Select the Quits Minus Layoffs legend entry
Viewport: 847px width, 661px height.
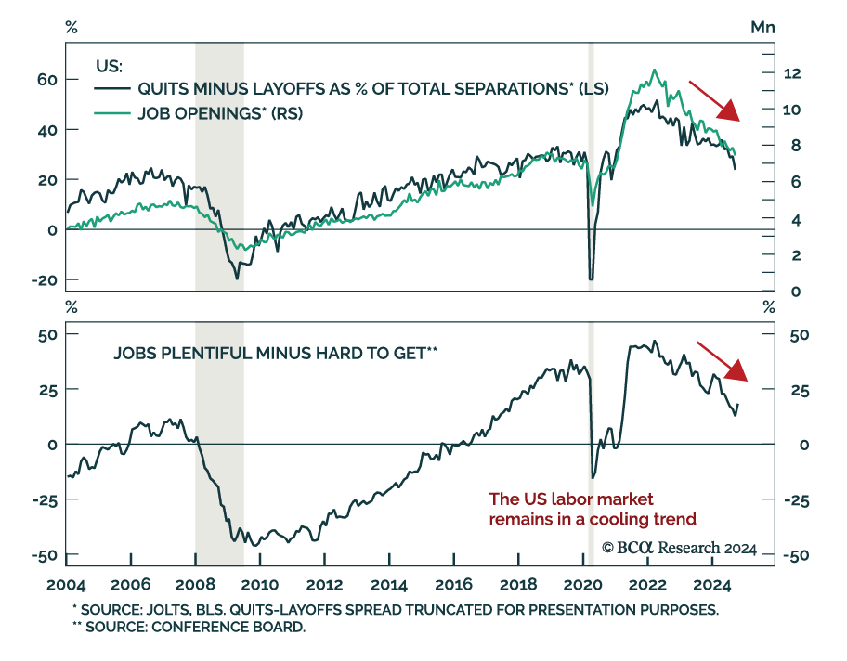click(x=358, y=90)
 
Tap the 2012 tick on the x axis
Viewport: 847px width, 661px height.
click(x=323, y=586)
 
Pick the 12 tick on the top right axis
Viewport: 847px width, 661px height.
click(x=798, y=73)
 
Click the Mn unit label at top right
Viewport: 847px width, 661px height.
click(x=762, y=27)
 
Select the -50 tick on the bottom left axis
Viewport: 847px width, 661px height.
click(x=44, y=555)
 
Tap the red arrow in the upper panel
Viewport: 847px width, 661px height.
click(x=714, y=102)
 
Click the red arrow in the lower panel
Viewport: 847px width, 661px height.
click(x=722, y=362)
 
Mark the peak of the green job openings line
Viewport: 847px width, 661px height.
click(x=655, y=70)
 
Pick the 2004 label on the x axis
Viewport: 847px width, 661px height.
click(x=67, y=586)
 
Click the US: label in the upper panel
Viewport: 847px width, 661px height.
click(x=110, y=66)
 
